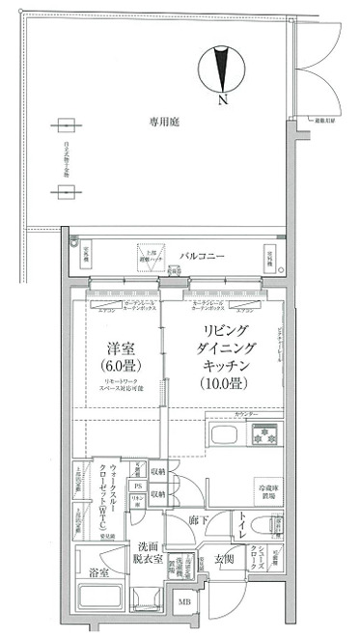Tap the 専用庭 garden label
165,123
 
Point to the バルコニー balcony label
202,256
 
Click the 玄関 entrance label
224,559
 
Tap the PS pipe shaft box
138,486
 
